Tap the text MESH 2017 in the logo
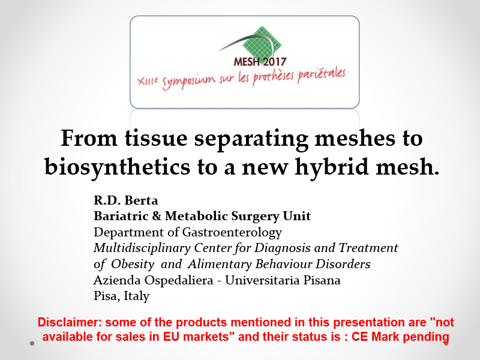coord(260,62)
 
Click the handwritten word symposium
coord(189,81)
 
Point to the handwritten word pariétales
coord(322,74)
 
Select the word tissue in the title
coord(156,138)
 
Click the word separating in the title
coord(251,140)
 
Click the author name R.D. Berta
coord(126,200)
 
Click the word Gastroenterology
coord(232,232)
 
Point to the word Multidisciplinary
coord(142,248)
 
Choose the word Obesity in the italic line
coord(133,264)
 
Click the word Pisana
coord(322,280)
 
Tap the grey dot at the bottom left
coord(32,343)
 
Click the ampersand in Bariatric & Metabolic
coord(157,217)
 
